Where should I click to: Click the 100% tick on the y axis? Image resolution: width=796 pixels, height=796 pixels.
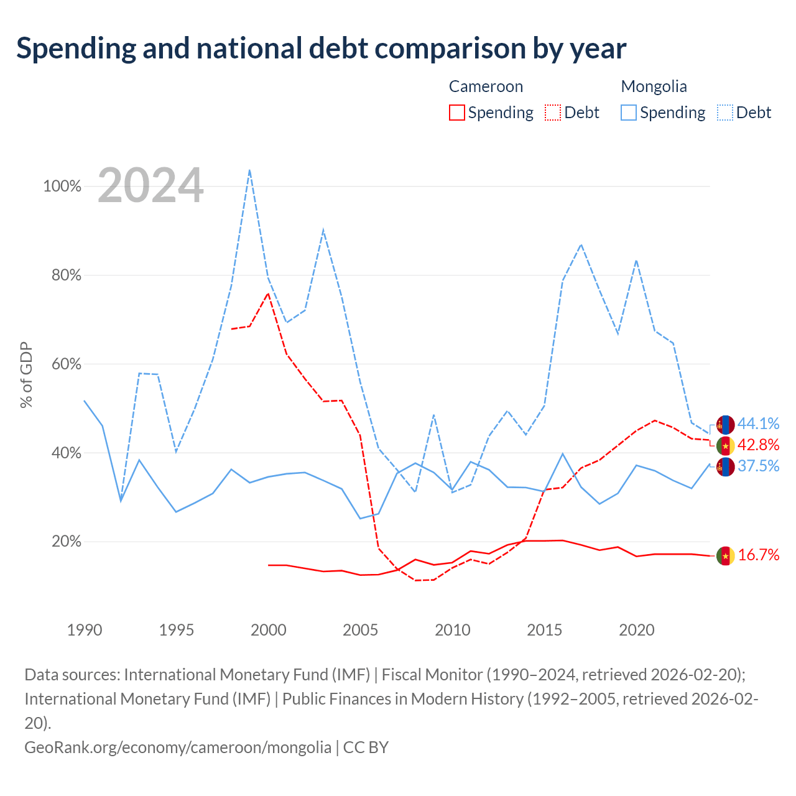click(x=62, y=187)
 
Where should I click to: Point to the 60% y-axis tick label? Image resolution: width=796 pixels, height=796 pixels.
click(x=66, y=364)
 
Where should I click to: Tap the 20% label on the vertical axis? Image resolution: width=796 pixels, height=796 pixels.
click(x=66, y=541)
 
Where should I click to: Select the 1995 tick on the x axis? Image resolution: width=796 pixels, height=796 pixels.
click(x=177, y=630)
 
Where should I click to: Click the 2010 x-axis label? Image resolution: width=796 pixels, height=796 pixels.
click(x=452, y=630)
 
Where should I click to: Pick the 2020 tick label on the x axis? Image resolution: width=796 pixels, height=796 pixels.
click(x=637, y=630)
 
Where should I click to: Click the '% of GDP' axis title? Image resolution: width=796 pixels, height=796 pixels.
click(x=26, y=375)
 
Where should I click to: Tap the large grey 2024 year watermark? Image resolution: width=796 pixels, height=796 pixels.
click(x=150, y=185)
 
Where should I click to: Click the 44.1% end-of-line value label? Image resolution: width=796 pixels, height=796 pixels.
click(x=759, y=423)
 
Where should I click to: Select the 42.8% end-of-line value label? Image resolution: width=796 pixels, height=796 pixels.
click(x=759, y=445)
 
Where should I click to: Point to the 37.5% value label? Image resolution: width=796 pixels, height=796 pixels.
click(x=759, y=466)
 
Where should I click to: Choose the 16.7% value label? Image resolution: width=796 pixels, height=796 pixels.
click(x=759, y=555)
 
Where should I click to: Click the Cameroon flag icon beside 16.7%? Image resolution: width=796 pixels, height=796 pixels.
click(x=725, y=555)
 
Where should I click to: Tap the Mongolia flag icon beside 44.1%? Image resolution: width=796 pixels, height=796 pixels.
click(x=725, y=425)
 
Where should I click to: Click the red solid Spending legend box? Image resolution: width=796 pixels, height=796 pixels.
click(x=457, y=113)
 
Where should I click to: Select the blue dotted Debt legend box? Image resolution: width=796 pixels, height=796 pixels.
click(x=725, y=113)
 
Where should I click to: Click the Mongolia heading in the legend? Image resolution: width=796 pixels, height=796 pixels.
click(x=654, y=86)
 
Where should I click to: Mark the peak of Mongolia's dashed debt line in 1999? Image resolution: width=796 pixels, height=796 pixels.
click(x=249, y=170)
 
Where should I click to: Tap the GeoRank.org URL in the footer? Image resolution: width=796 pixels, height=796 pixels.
click(x=178, y=747)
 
